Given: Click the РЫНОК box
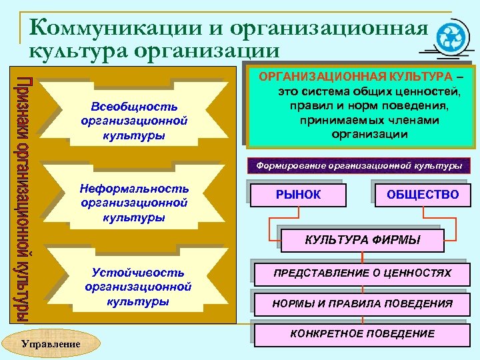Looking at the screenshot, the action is (298, 195).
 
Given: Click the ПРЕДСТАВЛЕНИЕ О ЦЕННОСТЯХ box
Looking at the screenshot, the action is (363, 273).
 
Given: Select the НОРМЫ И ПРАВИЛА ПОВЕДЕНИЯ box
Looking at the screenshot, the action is (363, 304).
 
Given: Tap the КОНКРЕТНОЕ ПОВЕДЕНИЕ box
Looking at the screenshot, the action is (363, 334).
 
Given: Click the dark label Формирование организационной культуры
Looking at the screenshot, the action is (359, 165).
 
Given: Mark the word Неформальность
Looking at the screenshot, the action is (134, 189).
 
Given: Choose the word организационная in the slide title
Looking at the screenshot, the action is (327, 28).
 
